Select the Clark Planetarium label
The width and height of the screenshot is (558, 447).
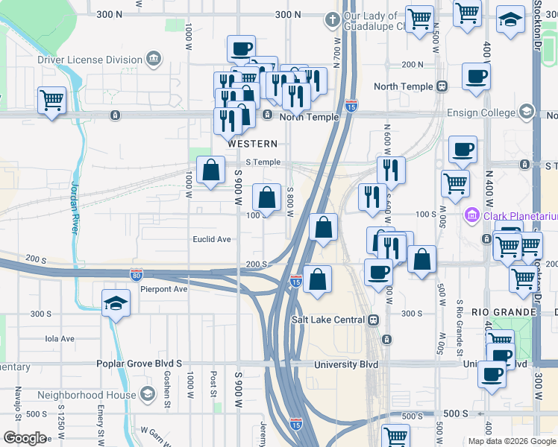(x=520, y=217)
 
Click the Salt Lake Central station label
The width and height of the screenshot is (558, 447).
(x=328, y=320)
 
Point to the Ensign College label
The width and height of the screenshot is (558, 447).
(x=480, y=112)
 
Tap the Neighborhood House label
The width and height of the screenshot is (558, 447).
(x=87, y=394)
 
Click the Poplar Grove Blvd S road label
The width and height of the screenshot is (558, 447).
(x=139, y=364)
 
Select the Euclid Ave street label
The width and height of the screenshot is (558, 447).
(x=213, y=240)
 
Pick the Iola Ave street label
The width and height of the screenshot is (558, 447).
(x=60, y=338)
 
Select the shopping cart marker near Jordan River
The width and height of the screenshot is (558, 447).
(x=51, y=100)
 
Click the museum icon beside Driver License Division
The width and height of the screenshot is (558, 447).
(x=153, y=58)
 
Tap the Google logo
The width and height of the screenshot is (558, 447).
(x=25, y=438)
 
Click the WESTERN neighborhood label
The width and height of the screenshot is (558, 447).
(x=253, y=144)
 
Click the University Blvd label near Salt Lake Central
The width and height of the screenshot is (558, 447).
(x=346, y=364)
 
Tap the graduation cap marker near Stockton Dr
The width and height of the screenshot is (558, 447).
(x=511, y=22)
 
